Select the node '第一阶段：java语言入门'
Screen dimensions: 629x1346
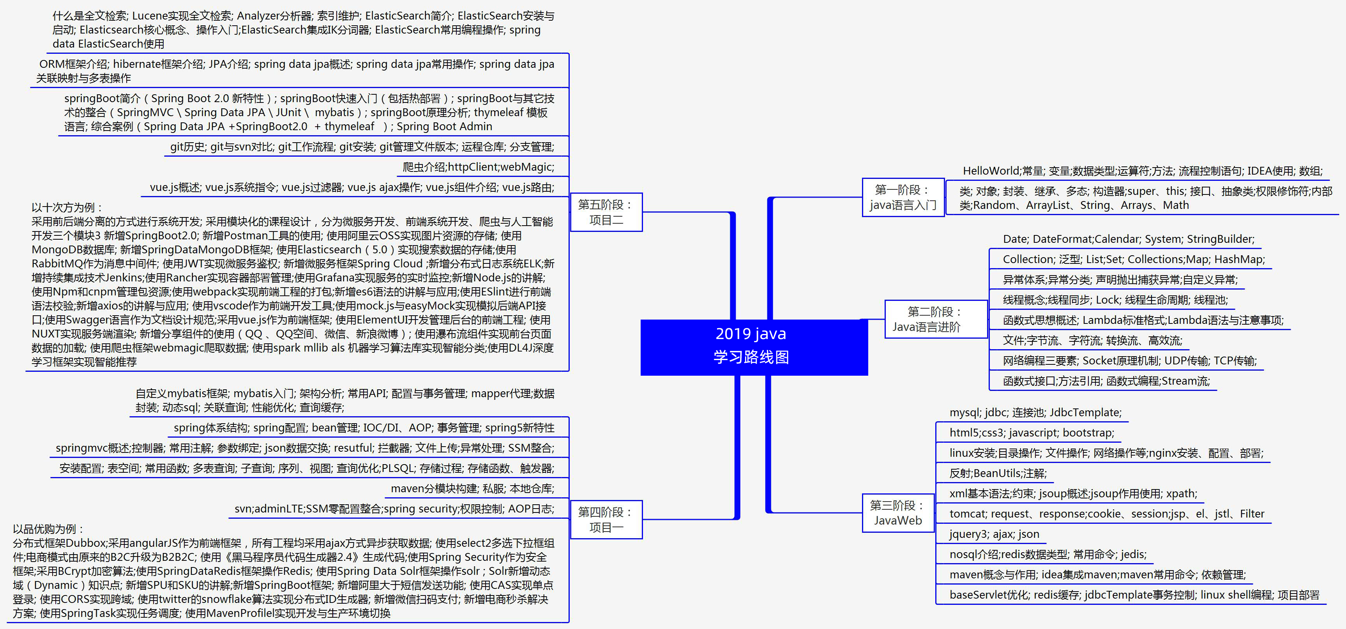pyautogui.click(x=903, y=198)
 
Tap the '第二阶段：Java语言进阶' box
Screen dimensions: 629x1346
pyautogui.click(x=935, y=319)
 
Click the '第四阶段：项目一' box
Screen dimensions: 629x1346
pyautogui.click(x=606, y=519)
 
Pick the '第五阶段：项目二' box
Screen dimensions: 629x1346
pyautogui.click(x=606, y=212)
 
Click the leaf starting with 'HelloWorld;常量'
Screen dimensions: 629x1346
pyautogui.click(x=1142, y=171)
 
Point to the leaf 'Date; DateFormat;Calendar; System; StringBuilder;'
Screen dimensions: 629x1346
pyautogui.click(x=1128, y=239)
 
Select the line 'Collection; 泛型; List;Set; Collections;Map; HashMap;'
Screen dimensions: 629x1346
pyautogui.click(x=1133, y=259)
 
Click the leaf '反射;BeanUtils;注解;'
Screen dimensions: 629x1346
pyautogui.click(x=998, y=474)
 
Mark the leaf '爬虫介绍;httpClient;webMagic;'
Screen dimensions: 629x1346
pyautogui.click(x=478, y=167)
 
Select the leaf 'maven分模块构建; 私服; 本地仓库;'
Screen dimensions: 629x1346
pyautogui.click(x=472, y=488)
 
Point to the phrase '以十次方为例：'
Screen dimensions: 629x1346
pyautogui.click(x=67, y=207)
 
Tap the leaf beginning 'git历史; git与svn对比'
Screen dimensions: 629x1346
pyautogui.click(x=362, y=147)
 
